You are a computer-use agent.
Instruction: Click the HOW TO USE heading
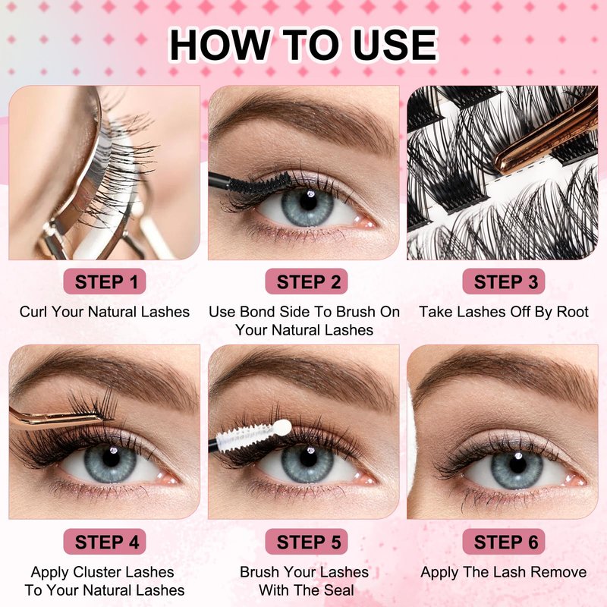coord(303,45)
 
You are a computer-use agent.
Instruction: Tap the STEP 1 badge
coord(105,281)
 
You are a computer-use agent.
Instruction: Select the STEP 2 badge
coord(307,281)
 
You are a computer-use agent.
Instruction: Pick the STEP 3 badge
coord(504,281)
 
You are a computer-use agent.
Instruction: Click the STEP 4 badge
coord(105,542)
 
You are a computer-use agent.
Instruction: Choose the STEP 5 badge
coord(307,542)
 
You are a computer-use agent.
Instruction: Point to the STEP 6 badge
coord(504,542)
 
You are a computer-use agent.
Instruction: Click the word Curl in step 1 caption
coord(33,312)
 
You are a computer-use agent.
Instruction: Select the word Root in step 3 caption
coord(573,312)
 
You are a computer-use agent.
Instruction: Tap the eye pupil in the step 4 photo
coord(111,459)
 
